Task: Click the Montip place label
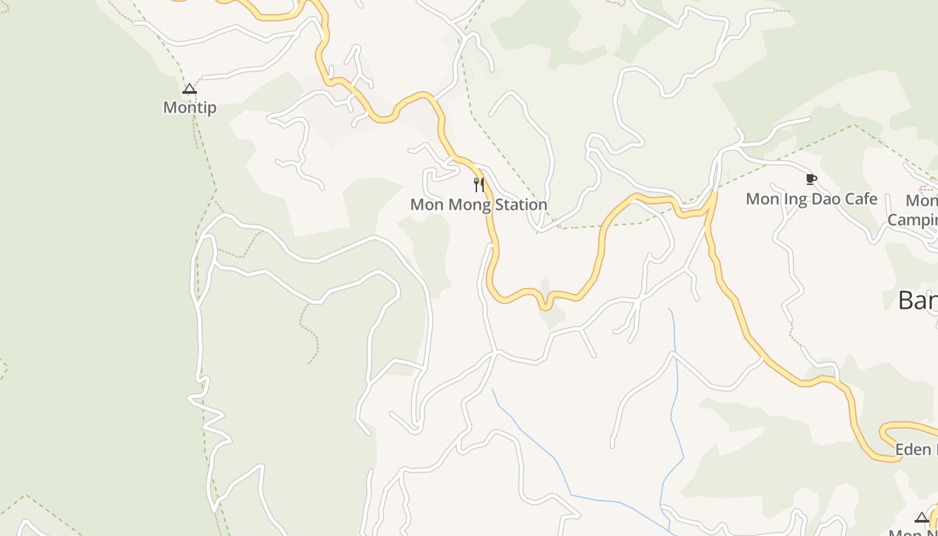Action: click(x=190, y=107)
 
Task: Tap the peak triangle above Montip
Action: click(x=190, y=88)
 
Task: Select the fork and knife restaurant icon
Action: click(x=478, y=185)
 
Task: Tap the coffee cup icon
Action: click(x=811, y=179)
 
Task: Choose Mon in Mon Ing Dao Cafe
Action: click(x=762, y=199)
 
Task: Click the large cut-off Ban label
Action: click(x=918, y=301)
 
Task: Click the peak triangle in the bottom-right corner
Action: click(x=922, y=517)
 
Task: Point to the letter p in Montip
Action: click(x=210, y=109)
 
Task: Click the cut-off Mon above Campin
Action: click(x=921, y=200)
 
